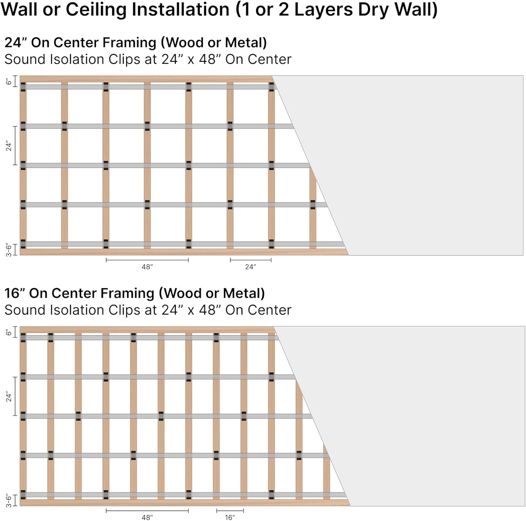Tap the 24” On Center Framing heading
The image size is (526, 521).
(135, 42)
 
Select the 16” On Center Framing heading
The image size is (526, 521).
(134, 293)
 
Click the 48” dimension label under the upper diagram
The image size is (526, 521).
(147, 267)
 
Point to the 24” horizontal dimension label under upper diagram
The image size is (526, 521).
(250, 267)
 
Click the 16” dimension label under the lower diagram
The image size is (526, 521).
(230, 517)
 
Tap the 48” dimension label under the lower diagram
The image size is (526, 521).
(147, 517)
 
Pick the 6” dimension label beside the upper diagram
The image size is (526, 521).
(9, 81)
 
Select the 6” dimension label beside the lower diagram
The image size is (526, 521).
(9, 332)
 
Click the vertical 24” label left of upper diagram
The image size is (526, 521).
(9, 146)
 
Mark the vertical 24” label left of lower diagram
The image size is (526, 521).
(9, 396)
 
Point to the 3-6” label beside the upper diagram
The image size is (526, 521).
(9, 250)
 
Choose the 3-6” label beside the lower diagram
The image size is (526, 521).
(9, 500)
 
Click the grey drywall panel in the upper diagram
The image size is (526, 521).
(421, 165)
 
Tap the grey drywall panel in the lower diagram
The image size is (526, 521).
(421, 416)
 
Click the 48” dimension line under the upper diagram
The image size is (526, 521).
(147, 260)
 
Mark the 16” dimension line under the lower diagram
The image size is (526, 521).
(230, 510)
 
